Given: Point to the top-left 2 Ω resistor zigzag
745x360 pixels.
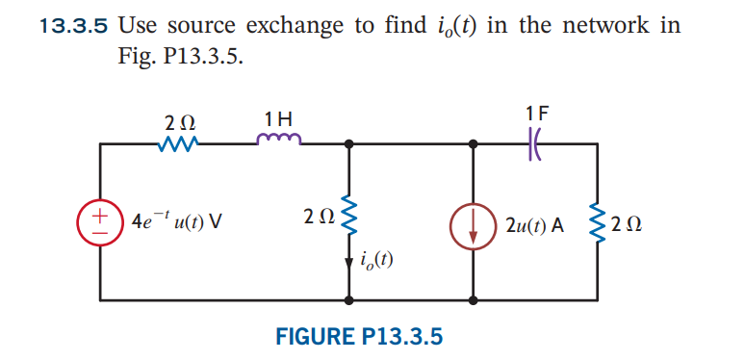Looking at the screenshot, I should (x=180, y=145).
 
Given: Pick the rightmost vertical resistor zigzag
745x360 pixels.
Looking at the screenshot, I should (x=602, y=223).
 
